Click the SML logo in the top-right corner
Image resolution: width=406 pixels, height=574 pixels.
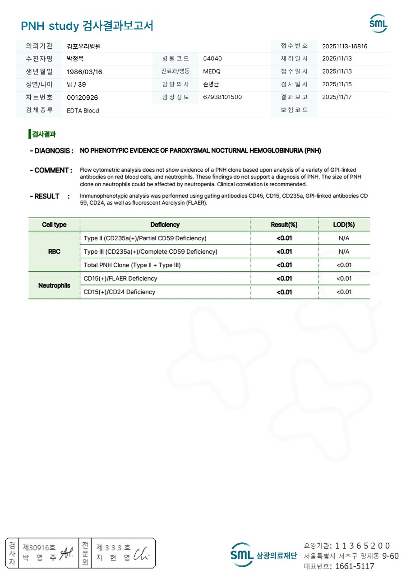[378, 23]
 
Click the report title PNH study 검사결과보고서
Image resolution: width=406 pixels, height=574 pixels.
[87, 26]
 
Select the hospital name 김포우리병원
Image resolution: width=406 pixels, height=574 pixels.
[83, 46]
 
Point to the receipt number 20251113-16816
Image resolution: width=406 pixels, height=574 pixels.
[345, 46]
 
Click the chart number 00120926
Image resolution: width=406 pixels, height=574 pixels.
[82, 98]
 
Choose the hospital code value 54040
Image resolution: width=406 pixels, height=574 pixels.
[212, 59]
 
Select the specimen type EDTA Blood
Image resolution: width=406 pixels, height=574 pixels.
[83, 111]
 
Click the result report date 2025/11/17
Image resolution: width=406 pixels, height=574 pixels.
[337, 97]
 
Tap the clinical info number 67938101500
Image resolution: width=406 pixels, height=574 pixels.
[222, 97]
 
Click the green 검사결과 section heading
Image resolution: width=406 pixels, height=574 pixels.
[43, 134]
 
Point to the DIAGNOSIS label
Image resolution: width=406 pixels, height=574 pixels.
[51, 151]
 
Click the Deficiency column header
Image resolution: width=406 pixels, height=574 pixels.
[165, 224]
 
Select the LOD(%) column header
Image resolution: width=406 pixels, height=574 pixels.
[344, 224]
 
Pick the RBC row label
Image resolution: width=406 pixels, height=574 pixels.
[54, 252]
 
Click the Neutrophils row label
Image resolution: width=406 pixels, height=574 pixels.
[54, 285]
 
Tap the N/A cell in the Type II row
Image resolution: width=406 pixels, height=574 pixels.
[344, 238]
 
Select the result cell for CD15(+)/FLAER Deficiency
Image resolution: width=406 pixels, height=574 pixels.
[284, 279]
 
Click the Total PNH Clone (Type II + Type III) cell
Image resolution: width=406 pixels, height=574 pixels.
[132, 265]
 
